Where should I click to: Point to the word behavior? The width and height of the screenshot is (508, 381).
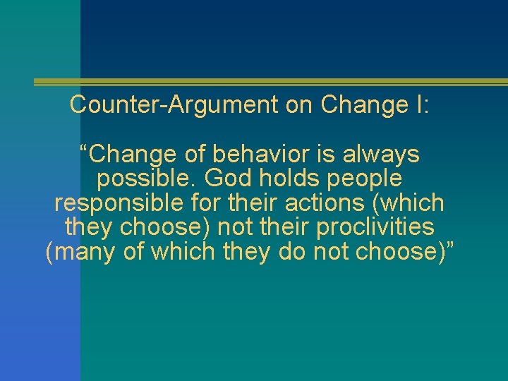tap(248, 153)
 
